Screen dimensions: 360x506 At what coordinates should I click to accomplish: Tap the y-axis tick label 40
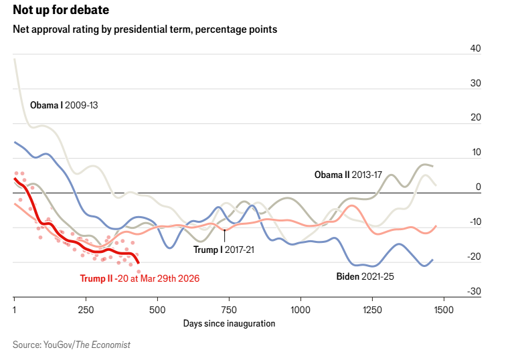point(476,48)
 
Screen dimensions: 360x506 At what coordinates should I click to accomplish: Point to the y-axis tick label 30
point(476,83)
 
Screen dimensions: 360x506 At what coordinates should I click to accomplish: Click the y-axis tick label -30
point(475,291)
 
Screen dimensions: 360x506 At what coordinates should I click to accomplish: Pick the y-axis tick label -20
point(475,256)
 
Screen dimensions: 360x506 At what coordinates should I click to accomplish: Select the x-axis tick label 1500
point(444,310)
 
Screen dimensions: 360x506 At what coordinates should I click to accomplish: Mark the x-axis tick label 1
point(14,310)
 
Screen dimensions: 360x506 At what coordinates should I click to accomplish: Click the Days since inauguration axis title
point(229,323)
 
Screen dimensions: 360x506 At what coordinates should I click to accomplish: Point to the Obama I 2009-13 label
point(64,106)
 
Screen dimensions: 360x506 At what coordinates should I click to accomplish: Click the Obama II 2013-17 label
point(348,175)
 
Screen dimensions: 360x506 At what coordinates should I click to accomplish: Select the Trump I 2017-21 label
point(224,250)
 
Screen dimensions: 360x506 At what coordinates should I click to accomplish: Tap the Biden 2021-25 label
point(365,275)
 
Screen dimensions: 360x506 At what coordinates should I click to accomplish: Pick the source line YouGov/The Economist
point(71,345)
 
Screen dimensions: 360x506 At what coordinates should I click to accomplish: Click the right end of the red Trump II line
point(138,262)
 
